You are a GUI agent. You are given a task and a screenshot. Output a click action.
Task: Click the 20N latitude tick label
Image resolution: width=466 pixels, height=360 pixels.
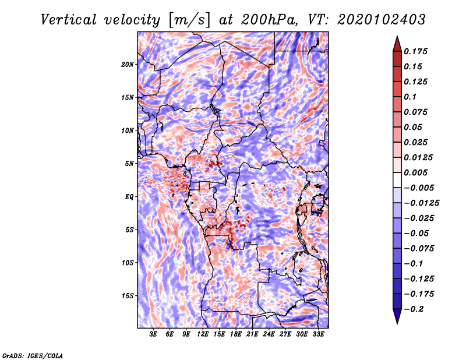tap(128, 64)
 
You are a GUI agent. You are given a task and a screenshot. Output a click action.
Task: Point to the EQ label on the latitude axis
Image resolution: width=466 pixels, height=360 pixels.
tap(129, 197)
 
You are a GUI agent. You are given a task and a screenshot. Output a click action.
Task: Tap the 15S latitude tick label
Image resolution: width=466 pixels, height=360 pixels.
tap(128, 296)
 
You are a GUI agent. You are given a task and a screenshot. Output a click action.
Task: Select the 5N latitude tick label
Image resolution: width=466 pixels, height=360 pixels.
tap(129, 164)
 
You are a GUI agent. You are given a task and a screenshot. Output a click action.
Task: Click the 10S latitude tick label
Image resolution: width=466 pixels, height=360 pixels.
tap(128, 263)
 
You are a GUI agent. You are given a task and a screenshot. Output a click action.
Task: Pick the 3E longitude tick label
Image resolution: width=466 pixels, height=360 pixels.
tap(154, 335)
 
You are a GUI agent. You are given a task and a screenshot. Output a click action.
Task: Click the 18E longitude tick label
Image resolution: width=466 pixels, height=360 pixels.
tap(236, 335)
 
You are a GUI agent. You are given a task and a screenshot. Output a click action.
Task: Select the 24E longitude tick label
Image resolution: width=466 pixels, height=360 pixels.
tap(269, 335)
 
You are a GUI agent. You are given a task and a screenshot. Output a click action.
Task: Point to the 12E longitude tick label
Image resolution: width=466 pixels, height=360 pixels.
tap(203, 335)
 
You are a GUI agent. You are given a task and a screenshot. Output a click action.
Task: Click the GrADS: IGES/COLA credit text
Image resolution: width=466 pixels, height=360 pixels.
tap(33, 355)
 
